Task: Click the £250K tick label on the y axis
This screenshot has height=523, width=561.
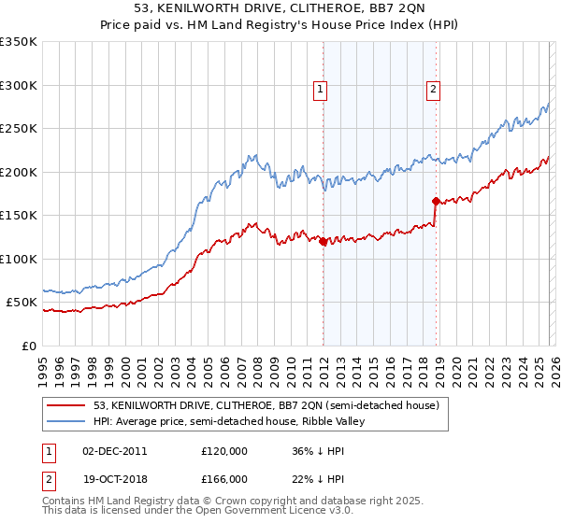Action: (x=19, y=129)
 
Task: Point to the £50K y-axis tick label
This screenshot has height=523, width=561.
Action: (x=22, y=303)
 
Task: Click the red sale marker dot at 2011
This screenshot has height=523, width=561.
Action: (x=323, y=242)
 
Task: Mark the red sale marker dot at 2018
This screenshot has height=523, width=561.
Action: (x=436, y=202)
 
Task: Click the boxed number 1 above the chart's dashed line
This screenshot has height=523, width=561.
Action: (x=321, y=90)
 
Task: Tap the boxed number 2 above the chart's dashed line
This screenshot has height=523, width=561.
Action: (x=434, y=90)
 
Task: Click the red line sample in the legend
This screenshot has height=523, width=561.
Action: (x=66, y=405)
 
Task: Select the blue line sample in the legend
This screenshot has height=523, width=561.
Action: (x=66, y=422)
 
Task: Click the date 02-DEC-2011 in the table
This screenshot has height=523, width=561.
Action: (x=115, y=451)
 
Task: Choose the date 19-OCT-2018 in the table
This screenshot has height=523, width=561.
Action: (x=115, y=479)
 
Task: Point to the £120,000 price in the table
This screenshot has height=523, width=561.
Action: (x=224, y=451)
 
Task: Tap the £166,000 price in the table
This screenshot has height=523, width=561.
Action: (x=224, y=479)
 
